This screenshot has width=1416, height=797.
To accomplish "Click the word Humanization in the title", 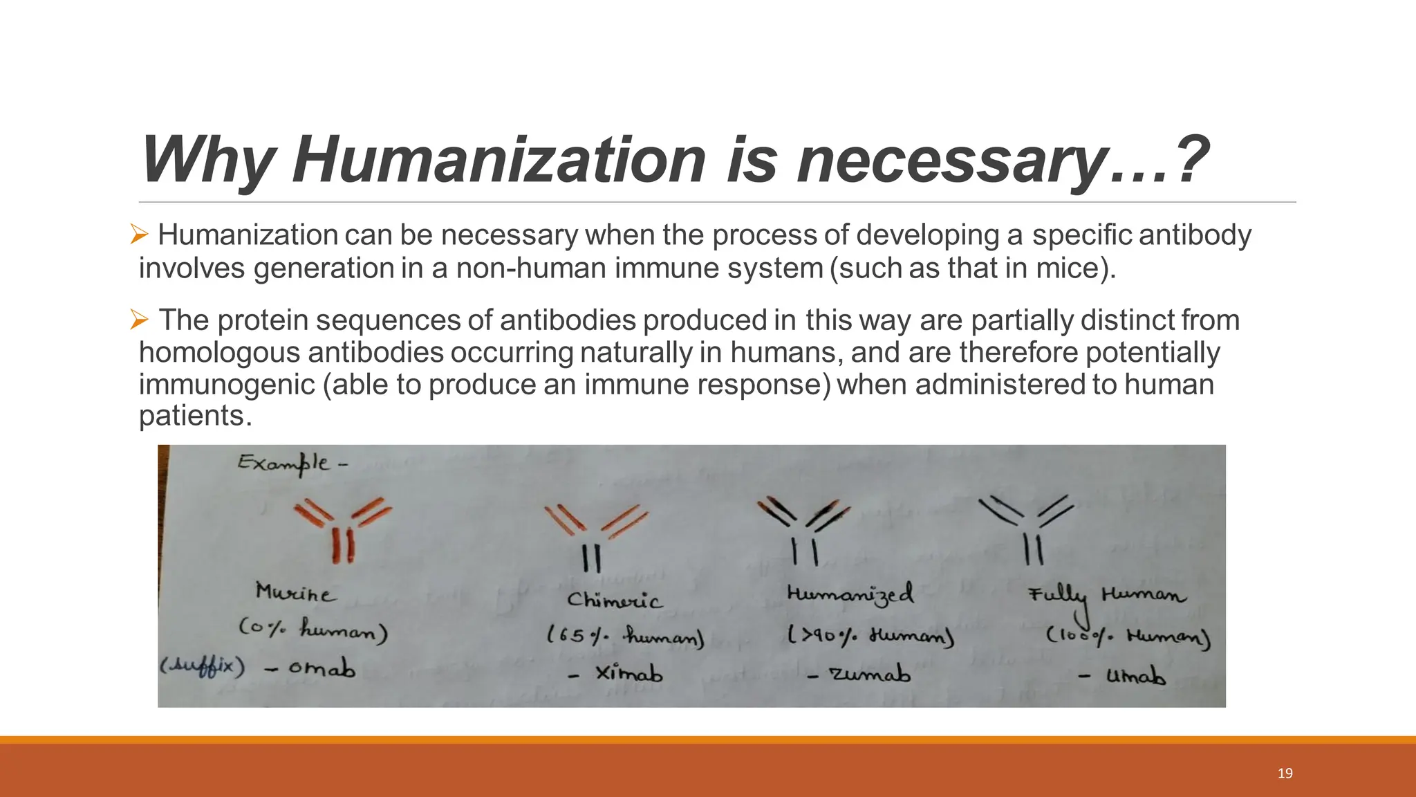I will click(498, 161).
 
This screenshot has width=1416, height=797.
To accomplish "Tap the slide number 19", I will click(1285, 773).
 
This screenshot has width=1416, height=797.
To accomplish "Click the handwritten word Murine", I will click(296, 593).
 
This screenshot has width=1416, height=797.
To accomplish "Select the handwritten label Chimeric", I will click(614, 599).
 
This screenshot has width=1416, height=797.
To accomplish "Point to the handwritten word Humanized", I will click(850, 594).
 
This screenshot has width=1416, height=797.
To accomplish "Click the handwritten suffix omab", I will click(322, 668).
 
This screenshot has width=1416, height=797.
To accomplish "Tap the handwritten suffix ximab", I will click(628, 672).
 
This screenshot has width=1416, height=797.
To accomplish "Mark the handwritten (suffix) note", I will click(202, 667).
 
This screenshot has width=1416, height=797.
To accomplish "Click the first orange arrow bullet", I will click(139, 236).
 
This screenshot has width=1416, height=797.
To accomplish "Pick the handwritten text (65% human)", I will click(625, 636).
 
